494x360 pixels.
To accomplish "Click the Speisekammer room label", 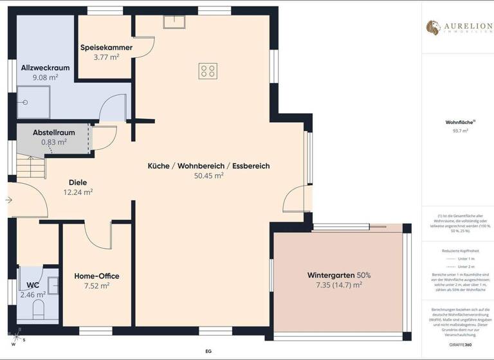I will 106,48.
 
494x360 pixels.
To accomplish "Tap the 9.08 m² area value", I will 46,77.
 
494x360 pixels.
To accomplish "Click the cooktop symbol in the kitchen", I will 207,70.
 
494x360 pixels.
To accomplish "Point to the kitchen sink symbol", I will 174,22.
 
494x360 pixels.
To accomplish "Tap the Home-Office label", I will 96,276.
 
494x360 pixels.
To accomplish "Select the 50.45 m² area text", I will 208,175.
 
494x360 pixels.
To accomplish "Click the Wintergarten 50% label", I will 338,275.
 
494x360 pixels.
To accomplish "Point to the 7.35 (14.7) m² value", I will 338,284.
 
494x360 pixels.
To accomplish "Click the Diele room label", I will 78,182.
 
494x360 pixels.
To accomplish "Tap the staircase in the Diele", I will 30,168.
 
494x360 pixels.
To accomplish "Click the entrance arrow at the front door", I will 9,200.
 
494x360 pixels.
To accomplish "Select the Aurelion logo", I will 457,28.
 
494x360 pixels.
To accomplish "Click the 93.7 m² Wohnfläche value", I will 460,130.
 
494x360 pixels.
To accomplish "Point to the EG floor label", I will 208,352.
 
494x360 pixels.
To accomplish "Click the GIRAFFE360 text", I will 460,345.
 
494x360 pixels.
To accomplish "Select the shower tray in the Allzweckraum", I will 33,103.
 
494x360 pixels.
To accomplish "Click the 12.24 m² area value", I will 78,192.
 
